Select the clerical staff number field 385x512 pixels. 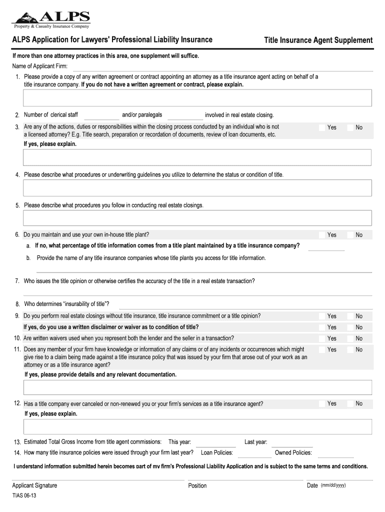click(98, 115)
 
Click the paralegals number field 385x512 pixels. click(183, 115)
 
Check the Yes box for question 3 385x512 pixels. click(322, 127)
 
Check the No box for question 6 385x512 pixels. click(350, 234)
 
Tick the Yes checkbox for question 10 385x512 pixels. click(322, 338)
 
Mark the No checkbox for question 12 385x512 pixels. click(350, 403)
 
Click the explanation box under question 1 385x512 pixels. click(197, 98)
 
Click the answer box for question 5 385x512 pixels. click(197, 218)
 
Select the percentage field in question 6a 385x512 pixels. click(326, 246)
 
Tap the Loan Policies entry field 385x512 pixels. click(255, 453)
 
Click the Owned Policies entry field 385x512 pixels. click(335, 453)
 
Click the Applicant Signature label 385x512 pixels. click(34, 485)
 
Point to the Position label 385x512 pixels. click(197, 485)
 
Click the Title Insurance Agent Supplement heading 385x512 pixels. click(318, 40)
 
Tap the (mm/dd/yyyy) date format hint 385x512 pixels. click(333, 485)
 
